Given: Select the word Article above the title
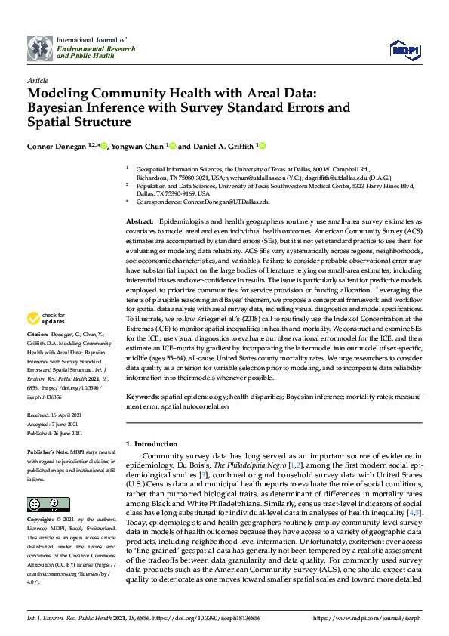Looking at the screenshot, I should click(x=37, y=79).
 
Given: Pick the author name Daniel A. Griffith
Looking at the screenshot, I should click(x=223, y=145).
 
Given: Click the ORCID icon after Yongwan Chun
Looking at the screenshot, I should click(x=173, y=145).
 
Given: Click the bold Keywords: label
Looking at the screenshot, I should click(x=143, y=395).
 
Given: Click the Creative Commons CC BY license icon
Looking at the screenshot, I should click(x=44, y=504).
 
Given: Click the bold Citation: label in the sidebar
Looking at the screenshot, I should click(x=38, y=354).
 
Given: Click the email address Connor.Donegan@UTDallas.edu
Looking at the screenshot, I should click(x=226, y=202).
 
